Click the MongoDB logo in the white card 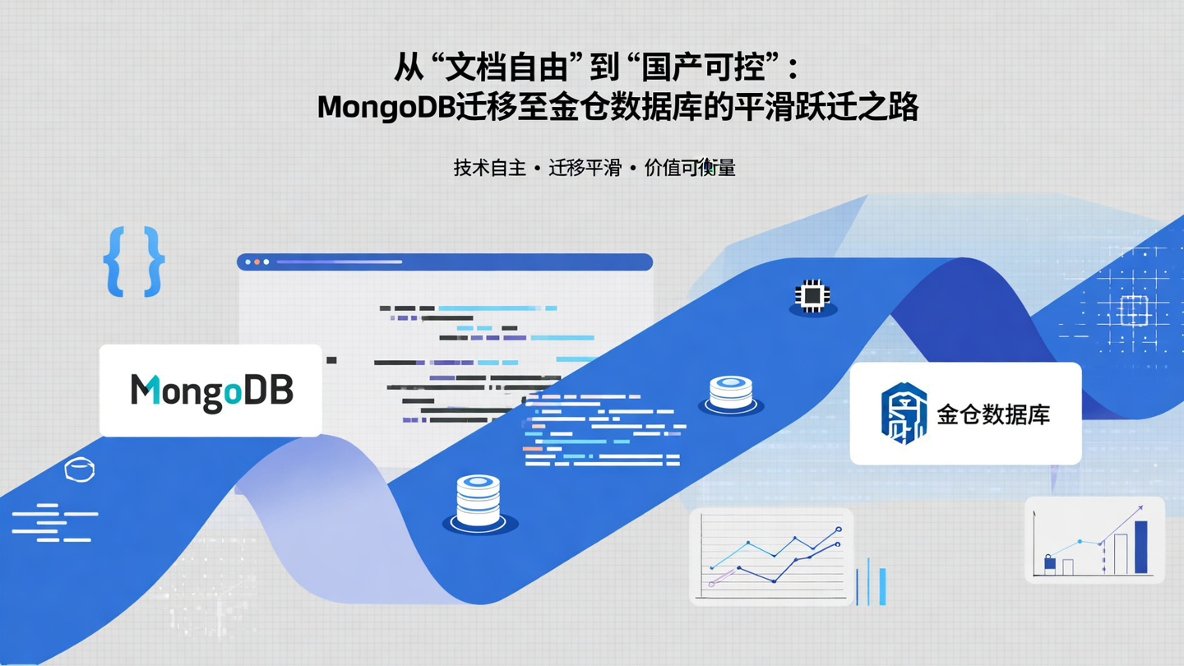(x=211, y=391)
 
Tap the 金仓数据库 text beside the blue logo (x=993, y=414)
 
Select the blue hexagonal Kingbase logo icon (x=904, y=413)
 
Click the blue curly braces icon (x=134, y=261)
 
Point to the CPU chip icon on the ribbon (x=812, y=295)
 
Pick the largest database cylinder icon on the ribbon (x=479, y=500)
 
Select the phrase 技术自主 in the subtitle (x=489, y=169)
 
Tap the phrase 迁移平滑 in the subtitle (x=585, y=169)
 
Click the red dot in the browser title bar (x=257, y=261)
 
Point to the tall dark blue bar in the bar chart (x=1140, y=547)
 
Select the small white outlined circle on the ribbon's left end (x=79, y=469)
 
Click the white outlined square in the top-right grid (x=1132, y=309)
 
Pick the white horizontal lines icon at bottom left (x=53, y=522)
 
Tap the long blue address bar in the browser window (x=339, y=261)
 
